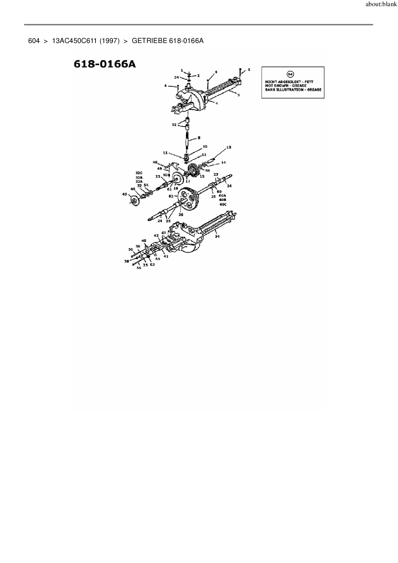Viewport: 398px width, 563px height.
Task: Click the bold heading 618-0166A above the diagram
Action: pos(105,64)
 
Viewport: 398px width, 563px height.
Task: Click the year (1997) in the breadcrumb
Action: pos(109,41)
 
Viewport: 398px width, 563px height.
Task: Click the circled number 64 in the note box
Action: pos(290,74)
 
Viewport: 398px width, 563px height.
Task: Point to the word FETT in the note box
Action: pos(308,82)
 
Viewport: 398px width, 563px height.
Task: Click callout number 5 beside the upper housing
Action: pos(238,95)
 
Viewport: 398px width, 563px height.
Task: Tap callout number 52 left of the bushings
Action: pos(174,124)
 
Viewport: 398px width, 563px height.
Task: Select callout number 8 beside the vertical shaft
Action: pos(199,138)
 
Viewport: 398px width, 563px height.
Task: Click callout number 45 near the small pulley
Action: pos(125,194)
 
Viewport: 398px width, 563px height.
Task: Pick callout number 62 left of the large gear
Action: pos(171,196)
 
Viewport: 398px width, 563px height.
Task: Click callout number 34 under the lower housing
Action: pos(217,236)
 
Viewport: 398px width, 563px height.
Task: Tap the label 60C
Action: pos(223,204)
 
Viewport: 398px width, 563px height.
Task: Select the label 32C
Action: pos(139,173)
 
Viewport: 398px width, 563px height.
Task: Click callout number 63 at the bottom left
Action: pos(152,265)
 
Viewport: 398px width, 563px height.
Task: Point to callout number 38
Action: pos(127,261)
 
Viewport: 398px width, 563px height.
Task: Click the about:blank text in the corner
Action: pos(381,5)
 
